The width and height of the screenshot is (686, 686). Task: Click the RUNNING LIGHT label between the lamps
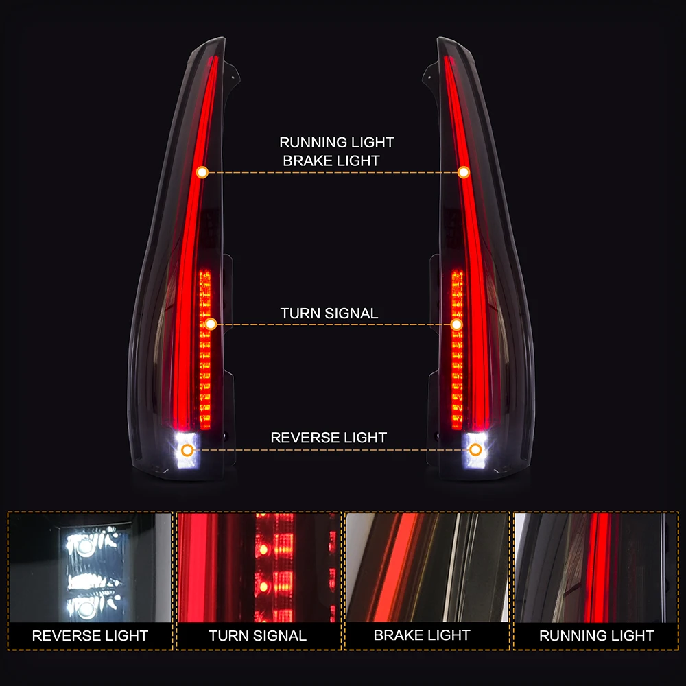pyautogui.click(x=336, y=143)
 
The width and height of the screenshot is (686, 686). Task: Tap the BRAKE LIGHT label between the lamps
pyautogui.click(x=331, y=161)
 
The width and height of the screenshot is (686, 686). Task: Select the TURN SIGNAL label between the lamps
pyautogui.click(x=329, y=314)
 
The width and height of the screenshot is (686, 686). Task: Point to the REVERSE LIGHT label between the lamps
pyautogui.click(x=329, y=438)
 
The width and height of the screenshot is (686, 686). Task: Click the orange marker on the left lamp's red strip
pyautogui.click(x=202, y=172)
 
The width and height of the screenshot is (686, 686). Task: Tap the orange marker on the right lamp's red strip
pyautogui.click(x=464, y=172)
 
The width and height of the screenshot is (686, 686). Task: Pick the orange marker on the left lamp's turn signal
pyautogui.click(x=211, y=324)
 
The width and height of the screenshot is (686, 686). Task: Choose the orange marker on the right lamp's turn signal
pyautogui.click(x=456, y=324)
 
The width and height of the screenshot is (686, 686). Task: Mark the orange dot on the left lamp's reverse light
pyautogui.click(x=187, y=450)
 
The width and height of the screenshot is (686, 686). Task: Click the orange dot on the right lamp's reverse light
pyautogui.click(x=475, y=450)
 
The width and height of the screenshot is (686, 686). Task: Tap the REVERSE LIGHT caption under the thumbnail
pyautogui.click(x=90, y=636)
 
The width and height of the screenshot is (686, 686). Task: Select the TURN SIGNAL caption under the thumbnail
pyautogui.click(x=258, y=636)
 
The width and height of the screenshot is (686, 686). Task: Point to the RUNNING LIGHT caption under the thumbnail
pyautogui.click(x=596, y=636)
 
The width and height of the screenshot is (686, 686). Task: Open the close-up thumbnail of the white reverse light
pyautogui.click(x=90, y=567)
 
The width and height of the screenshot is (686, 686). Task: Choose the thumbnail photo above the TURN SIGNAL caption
pyautogui.click(x=258, y=567)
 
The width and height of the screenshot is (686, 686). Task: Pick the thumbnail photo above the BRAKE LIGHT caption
pyautogui.click(x=427, y=567)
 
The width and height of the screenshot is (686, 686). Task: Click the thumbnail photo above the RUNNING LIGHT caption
pyautogui.click(x=595, y=567)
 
